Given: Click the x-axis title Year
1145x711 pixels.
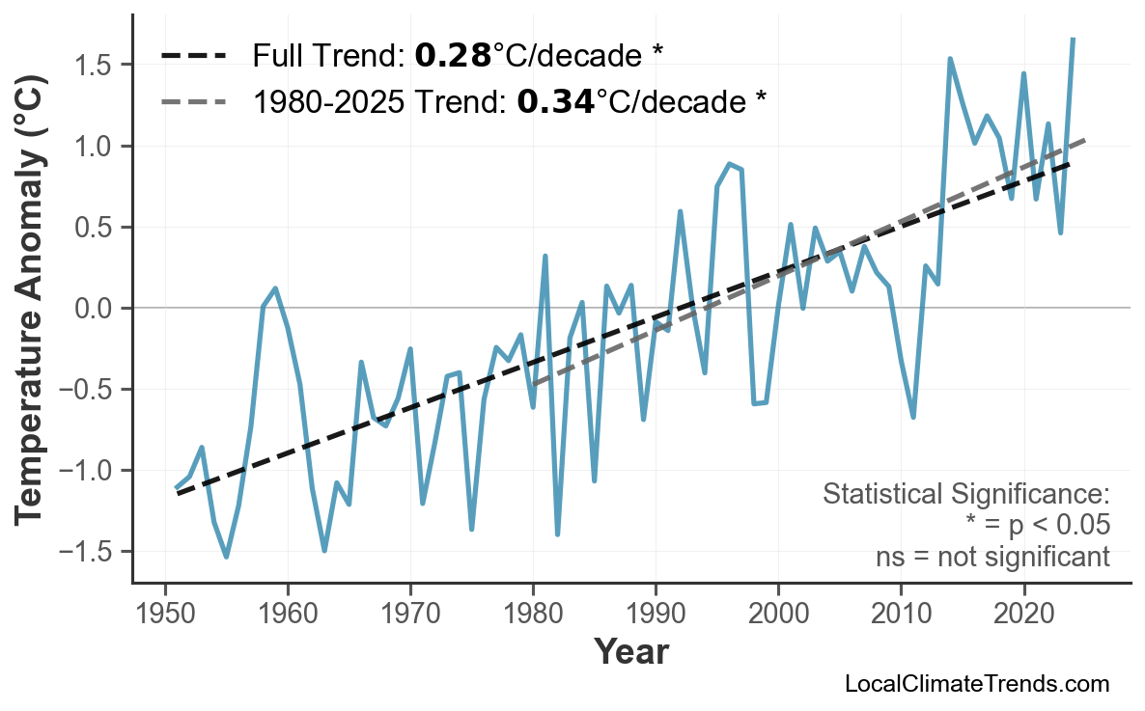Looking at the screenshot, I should click(630, 653).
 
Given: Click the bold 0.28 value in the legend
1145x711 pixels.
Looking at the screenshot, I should click(453, 56).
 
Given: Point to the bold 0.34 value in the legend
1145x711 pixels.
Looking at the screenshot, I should click(555, 101).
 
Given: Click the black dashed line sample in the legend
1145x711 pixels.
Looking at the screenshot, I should click(193, 56).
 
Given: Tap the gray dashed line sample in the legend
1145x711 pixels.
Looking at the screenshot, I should click(193, 101).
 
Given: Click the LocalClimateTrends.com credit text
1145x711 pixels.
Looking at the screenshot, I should click(976, 685).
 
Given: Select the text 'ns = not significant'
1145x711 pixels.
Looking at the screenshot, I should click(991, 557).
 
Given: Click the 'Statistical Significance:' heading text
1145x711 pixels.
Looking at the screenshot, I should click(965, 495).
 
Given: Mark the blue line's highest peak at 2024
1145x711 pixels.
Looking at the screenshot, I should click(1073, 40).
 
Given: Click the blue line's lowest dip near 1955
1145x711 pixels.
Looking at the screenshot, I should click(226, 557).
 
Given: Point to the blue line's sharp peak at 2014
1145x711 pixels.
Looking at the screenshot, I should click(950, 59).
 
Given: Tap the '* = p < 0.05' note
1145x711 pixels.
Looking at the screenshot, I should click(1037, 526).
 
